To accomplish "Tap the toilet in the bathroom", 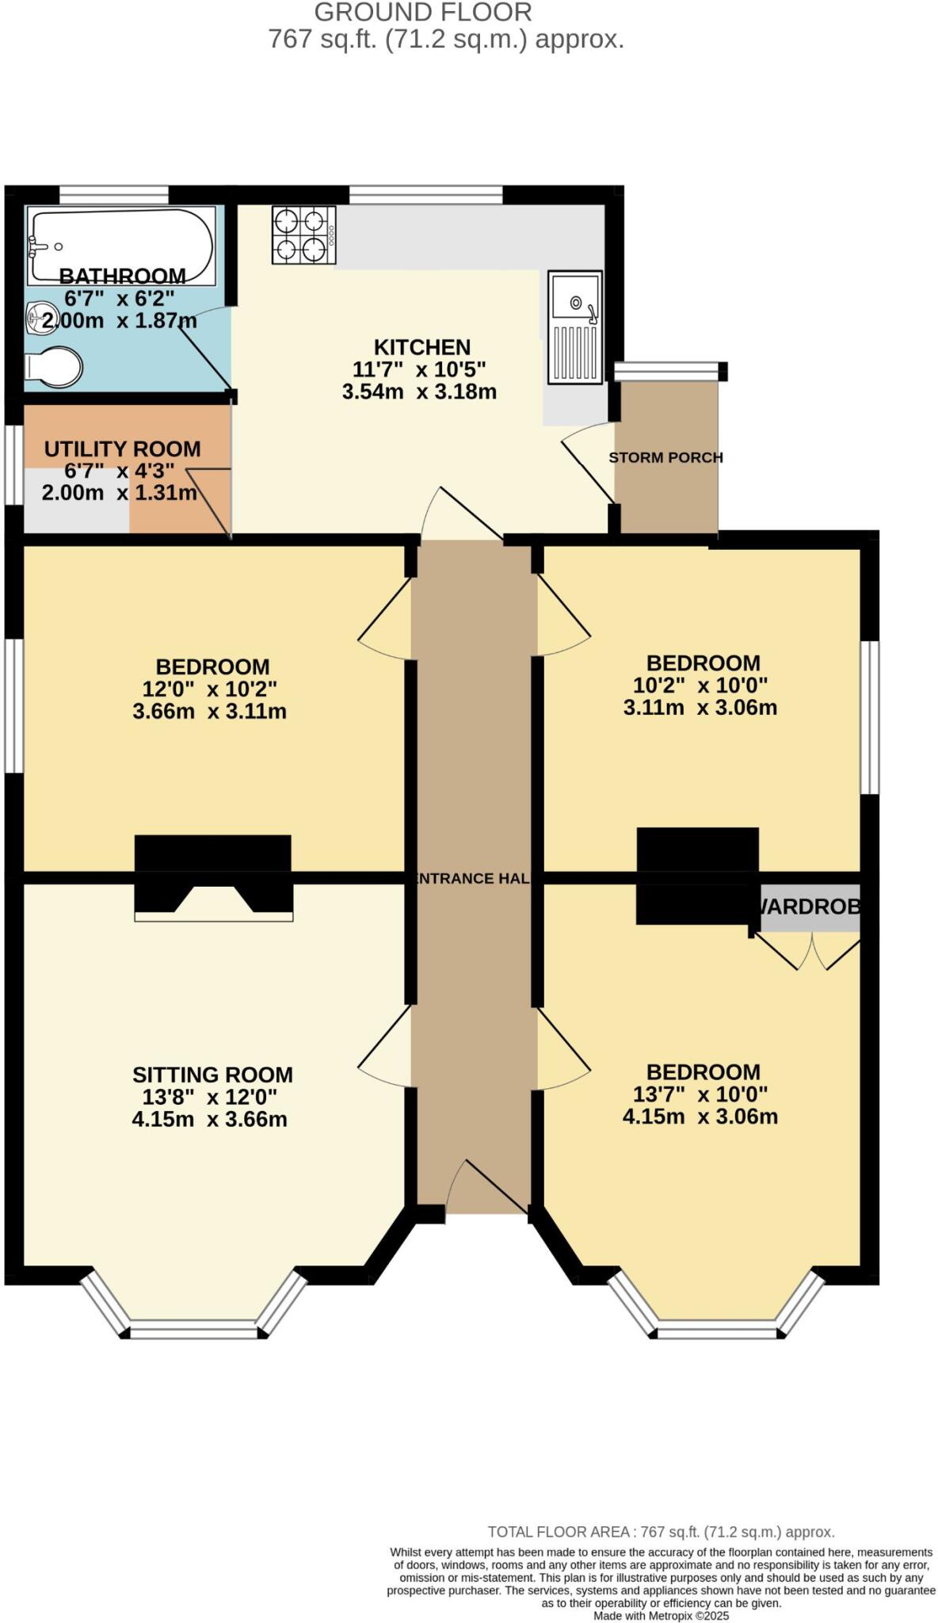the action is click(53, 367).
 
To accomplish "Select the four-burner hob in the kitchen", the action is click(303, 235).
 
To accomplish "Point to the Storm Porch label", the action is click(665, 457).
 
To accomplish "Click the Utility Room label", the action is click(122, 449).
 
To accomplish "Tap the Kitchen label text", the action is click(422, 347).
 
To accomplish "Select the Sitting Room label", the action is click(212, 1075).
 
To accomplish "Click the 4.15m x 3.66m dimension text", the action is click(209, 1119).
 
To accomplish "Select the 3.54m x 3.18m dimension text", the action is click(419, 391).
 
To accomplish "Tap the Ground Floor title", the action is click(423, 12).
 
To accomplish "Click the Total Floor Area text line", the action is click(661, 1532).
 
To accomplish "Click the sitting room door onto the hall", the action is click(385, 1045).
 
